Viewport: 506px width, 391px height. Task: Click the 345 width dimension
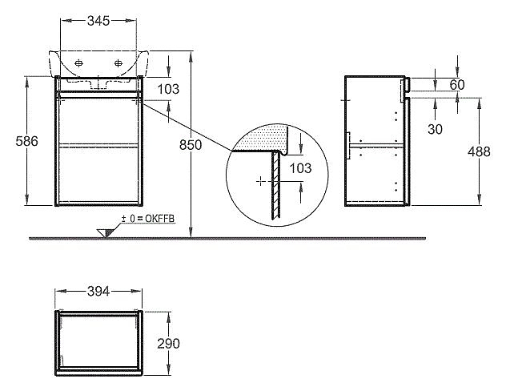pyautogui.click(x=98, y=21)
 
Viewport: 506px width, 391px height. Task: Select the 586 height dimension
pyautogui.click(x=26, y=141)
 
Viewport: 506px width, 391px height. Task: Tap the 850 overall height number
pyautogui.click(x=191, y=145)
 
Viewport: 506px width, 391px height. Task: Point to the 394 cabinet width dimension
pyautogui.click(x=98, y=292)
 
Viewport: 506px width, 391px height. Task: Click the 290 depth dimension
pyautogui.click(x=168, y=344)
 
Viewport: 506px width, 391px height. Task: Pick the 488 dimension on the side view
pyautogui.click(x=479, y=151)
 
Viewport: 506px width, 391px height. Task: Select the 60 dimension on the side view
pyautogui.click(x=457, y=85)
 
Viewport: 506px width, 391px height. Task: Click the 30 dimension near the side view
pyautogui.click(x=435, y=129)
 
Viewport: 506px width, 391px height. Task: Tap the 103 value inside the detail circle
pyautogui.click(x=300, y=168)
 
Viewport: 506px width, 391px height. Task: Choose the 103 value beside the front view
pyautogui.click(x=168, y=89)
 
